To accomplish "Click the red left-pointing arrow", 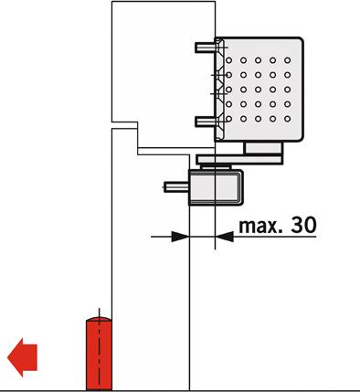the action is click(22, 357).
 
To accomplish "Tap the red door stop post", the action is click(99, 354).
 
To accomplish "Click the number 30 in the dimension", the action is click(303, 225).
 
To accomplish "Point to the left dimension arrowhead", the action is click(180, 237).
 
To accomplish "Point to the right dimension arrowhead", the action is click(225, 237).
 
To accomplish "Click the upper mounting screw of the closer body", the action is click(206, 48).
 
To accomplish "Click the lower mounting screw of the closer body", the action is click(206, 122).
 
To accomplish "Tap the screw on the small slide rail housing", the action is click(176, 186).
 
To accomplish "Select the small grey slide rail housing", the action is click(216, 187).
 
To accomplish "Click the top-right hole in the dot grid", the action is click(287, 60).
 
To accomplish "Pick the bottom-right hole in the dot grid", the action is click(287, 119).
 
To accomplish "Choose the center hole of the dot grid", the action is click(258, 90).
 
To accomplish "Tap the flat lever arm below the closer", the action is click(239, 159).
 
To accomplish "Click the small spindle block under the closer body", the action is click(263, 148).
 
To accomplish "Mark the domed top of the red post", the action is click(99, 319).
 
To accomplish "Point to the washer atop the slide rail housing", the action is click(216, 166).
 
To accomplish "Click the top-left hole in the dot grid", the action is click(228, 60).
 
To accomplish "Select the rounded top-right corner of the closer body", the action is click(300, 41).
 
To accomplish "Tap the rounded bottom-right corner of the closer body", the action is click(300, 138).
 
